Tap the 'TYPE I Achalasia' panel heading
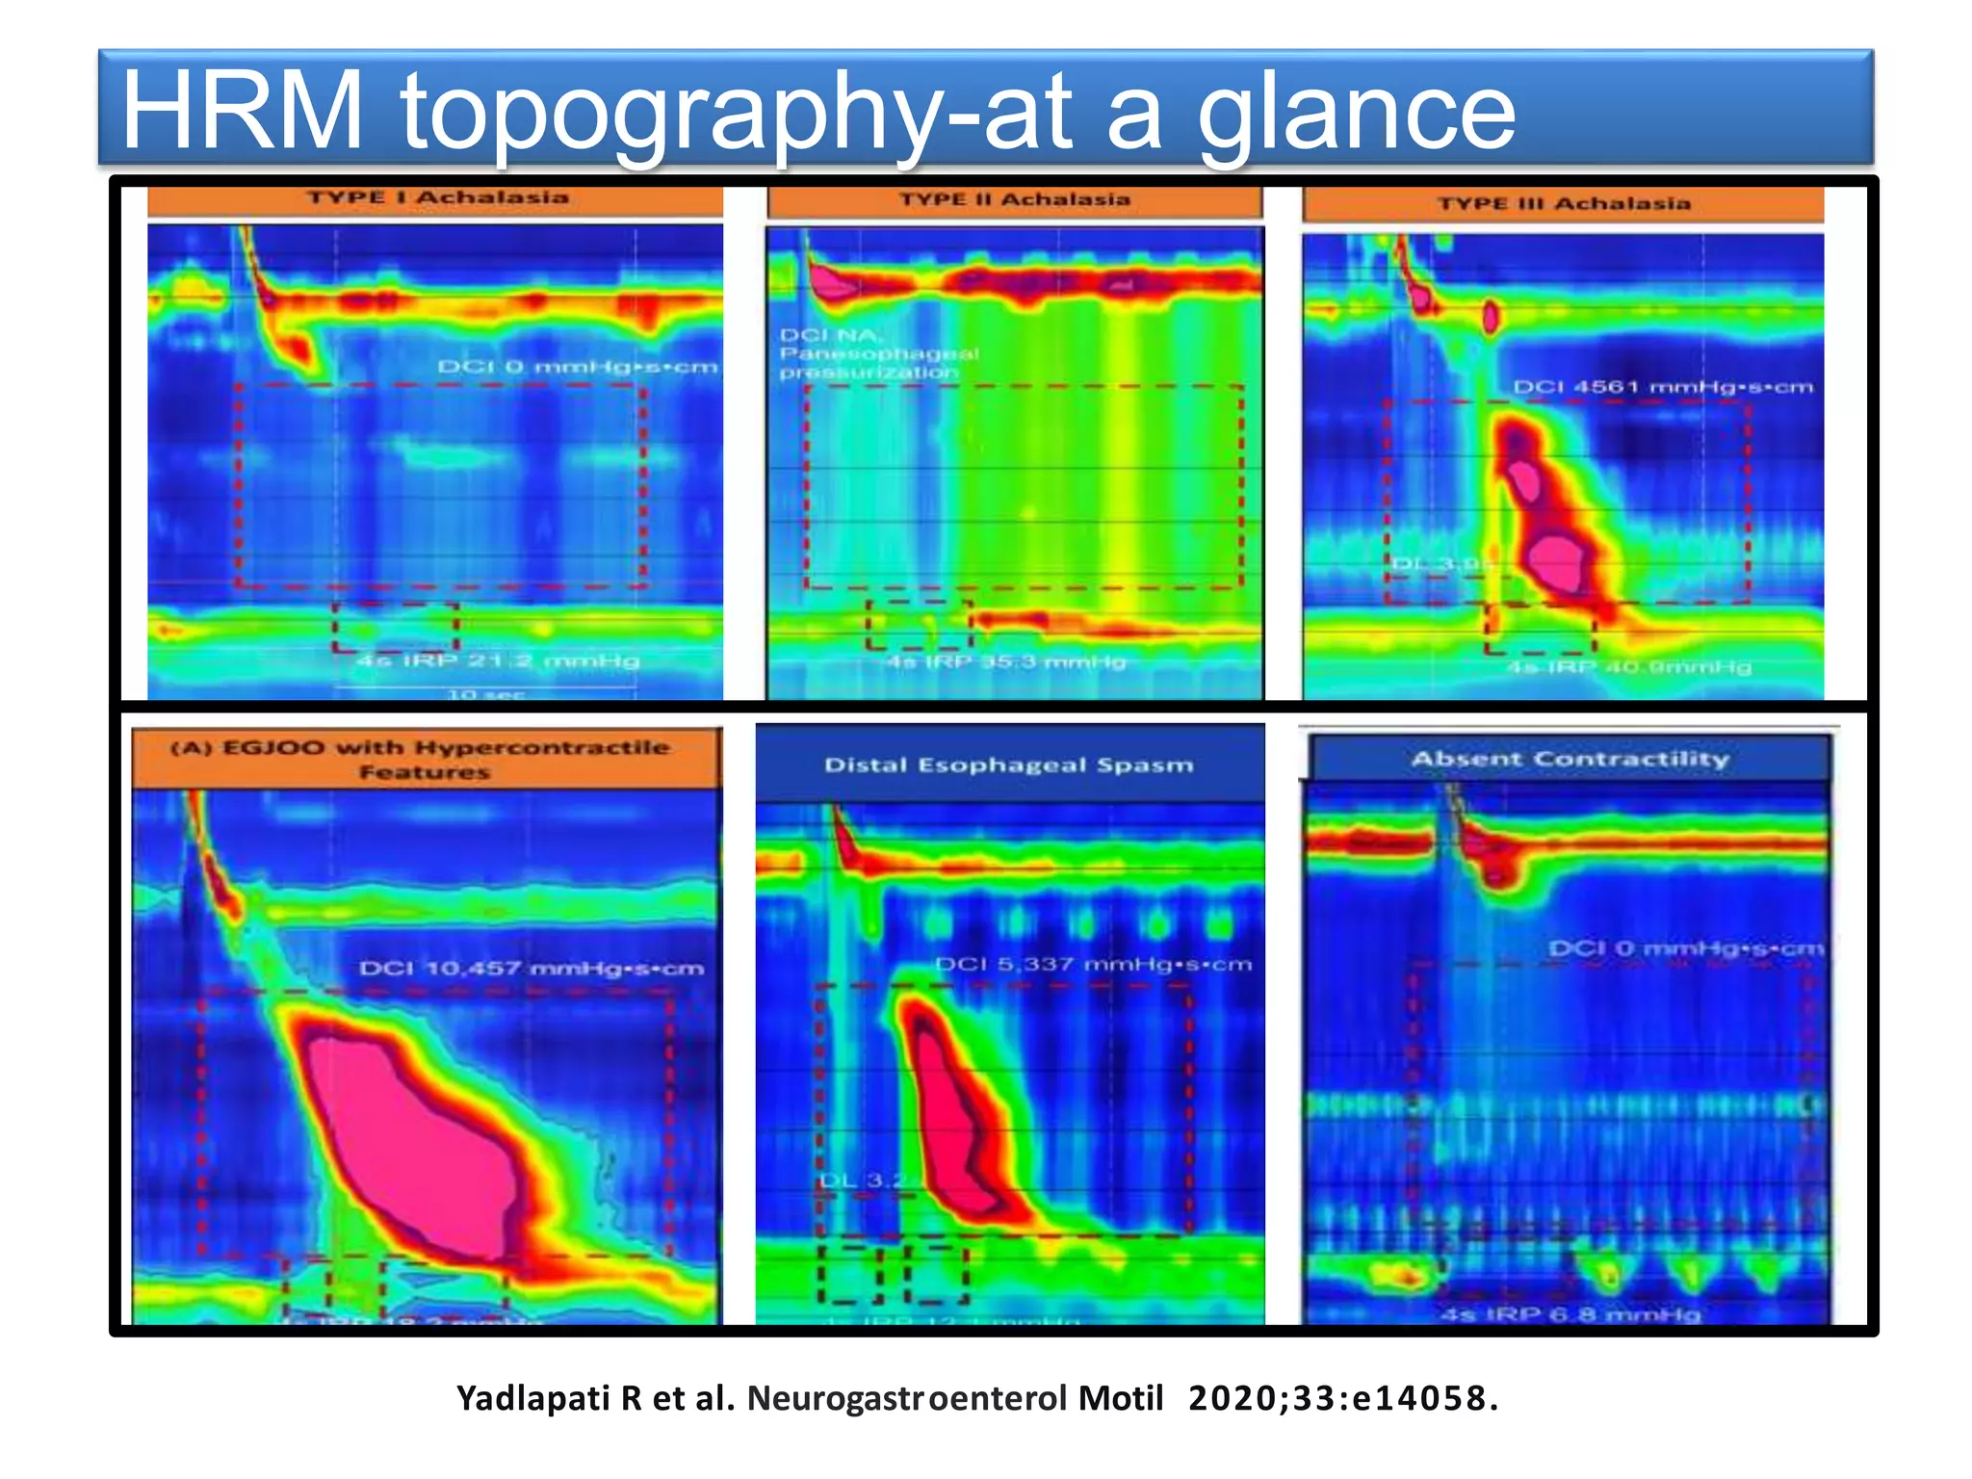438,197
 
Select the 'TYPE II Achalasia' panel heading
1015,199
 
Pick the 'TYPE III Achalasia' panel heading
1564,203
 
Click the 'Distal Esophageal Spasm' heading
1008,765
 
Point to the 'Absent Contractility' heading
1570,759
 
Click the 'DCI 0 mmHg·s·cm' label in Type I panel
577,367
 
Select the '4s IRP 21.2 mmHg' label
498,661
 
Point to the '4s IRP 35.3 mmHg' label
1006,662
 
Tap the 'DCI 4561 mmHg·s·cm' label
1662,387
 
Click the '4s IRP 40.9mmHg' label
1628,666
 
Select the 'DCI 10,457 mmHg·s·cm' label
532,968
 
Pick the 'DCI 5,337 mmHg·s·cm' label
1093,964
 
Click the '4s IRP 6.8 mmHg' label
1570,1313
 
